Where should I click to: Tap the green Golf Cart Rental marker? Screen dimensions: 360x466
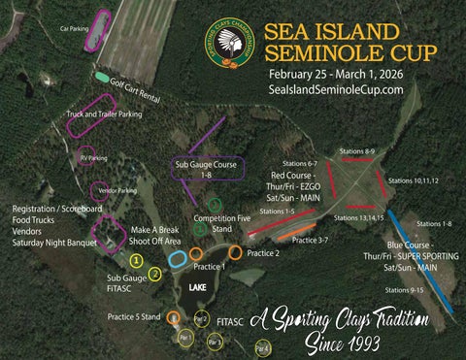tap(102, 76)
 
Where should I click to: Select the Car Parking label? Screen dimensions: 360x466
tap(74, 30)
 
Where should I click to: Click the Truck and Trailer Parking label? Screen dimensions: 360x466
tap(104, 115)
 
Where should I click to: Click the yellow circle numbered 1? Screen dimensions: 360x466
tap(137, 259)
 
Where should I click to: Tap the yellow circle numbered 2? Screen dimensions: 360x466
tap(154, 275)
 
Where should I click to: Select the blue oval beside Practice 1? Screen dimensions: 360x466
tap(178, 259)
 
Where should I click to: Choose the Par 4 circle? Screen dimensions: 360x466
tap(261, 347)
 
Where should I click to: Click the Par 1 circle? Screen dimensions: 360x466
tap(185, 338)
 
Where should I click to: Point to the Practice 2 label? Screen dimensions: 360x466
tap(262, 253)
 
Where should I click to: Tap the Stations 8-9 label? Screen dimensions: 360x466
tap(356, 151)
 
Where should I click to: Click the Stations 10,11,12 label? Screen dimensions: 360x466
tap(413, 181)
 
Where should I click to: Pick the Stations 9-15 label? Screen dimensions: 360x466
tap(403, 290)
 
